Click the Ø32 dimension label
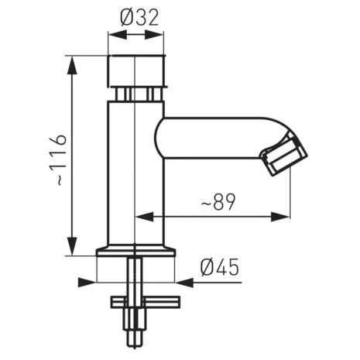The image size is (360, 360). [136, 16]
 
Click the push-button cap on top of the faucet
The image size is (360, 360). [135, 70]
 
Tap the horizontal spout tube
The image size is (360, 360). [209, 133]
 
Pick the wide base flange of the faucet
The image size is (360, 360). [135, 252]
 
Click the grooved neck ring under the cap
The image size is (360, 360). [135, 94]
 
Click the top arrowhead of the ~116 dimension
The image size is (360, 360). [74, 63]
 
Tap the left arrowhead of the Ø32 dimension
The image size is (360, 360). [113, 35]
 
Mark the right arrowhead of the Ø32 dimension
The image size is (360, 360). [159, 35]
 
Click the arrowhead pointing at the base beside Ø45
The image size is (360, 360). [182, 281]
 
